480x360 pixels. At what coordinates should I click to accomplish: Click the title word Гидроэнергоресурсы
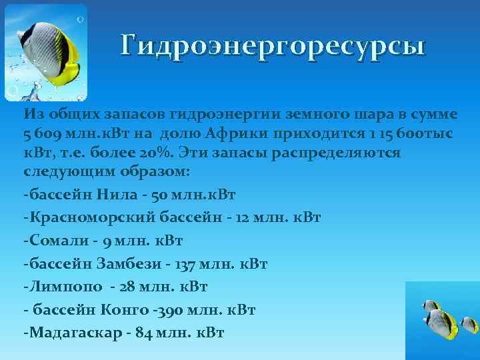click(x=273, y=46)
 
